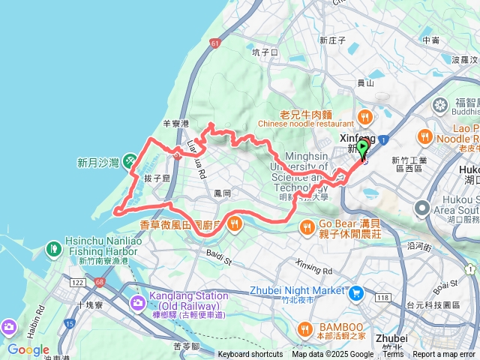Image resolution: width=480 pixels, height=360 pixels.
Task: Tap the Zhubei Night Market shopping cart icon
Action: pyautogui.click(x=356, y=291)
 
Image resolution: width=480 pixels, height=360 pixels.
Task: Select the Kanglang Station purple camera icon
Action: pyautogui.click(x=137, y=302)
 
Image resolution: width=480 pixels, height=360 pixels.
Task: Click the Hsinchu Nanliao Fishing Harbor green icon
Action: pyautogui.click(x=53, y=247)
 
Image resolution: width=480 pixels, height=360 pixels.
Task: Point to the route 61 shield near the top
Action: pyautogui.click(x=216, y=44)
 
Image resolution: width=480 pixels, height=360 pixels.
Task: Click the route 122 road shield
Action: pyautogui.click(x=78, y=281)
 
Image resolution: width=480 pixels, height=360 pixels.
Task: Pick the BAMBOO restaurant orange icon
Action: pyautogui.click(x=305, y=328)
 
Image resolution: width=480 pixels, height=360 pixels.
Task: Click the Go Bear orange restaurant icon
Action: pyautogui.click(x=306, y=227)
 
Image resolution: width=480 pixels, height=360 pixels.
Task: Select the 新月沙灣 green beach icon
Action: pyautogui.click(x=130, y=160)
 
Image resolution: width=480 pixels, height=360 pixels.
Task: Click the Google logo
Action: pyautogui.click(x=28, y=349)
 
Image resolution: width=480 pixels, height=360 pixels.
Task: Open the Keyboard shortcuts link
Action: pyautogui.click(x=250, y=355)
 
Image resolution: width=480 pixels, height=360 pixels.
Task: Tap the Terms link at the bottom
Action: pyautogui.click(x=393, y=355)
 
